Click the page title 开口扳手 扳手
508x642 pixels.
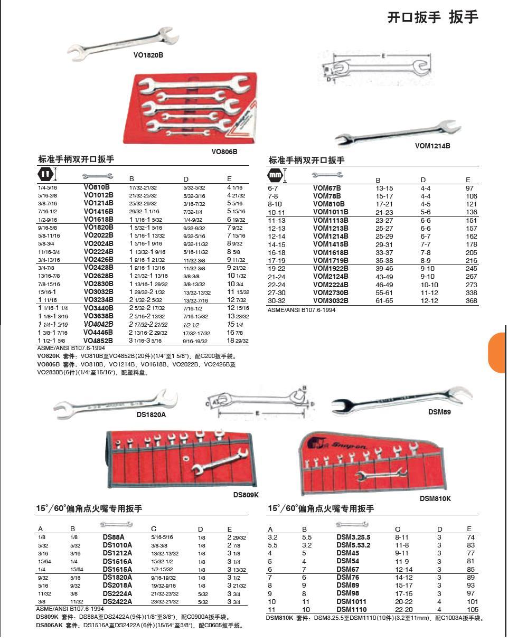432,17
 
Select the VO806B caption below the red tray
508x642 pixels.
224,152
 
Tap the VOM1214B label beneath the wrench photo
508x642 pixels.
432,146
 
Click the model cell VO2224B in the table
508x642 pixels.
98,251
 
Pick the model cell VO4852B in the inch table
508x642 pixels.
98,341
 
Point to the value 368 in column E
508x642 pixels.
471,300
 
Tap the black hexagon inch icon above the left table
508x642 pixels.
44,174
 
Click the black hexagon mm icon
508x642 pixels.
275,174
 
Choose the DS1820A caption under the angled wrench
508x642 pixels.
151,414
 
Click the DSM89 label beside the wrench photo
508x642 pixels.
439,412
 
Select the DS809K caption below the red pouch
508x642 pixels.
246,495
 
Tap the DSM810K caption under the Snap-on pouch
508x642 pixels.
435,498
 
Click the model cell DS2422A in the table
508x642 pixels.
117,601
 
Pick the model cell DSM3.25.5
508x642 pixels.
353,537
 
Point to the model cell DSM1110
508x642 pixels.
351,609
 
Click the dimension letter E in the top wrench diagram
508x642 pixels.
383,56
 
